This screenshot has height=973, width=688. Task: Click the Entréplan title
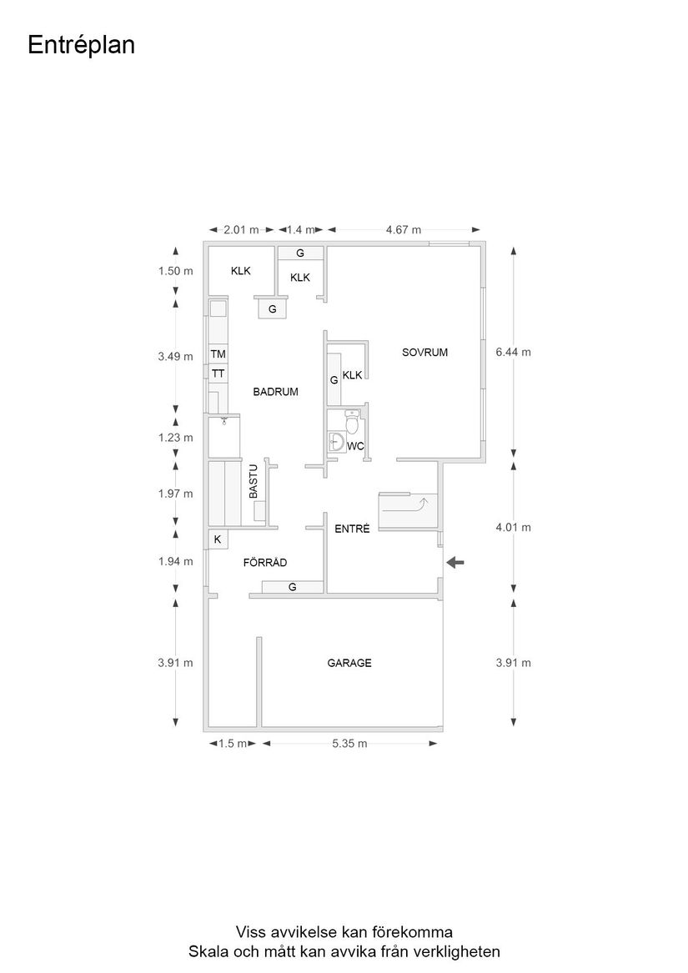[81, 45]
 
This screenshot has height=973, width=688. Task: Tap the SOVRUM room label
[424, 353]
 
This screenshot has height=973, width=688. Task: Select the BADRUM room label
[276, 391]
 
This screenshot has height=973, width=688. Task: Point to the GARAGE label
[349, 664]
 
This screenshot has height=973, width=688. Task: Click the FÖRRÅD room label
[265, 563]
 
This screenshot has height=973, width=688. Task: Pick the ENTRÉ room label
[351, 529]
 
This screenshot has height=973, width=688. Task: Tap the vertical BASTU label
[254, 482]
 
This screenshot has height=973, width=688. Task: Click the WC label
[355, 446]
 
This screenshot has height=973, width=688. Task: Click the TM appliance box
[218, 354]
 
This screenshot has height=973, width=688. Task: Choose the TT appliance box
[218, 374]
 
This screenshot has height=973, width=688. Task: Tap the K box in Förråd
[217, 539]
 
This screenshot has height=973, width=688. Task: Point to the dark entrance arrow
[455, 563]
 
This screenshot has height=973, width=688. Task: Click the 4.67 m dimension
[404, 230]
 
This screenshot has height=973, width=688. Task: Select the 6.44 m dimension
[513, 353]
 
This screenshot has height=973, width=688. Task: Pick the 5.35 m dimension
[349, 744]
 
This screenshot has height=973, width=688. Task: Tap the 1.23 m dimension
[176, 438]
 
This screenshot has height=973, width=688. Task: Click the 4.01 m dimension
[513, 527]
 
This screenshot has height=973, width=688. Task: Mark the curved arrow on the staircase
[422, 503]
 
